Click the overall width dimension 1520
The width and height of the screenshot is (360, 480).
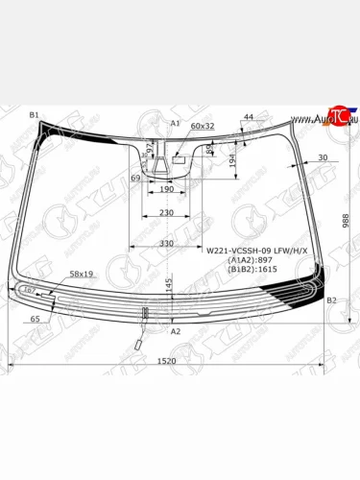pyautogui.click(x=166, y=360)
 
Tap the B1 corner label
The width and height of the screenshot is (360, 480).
pyautogui.click(x=35, y=115)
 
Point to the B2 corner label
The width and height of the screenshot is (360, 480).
pyautogui.click(x=331, y=301)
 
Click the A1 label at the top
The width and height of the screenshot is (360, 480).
pyautogui.click(x=175, y=124)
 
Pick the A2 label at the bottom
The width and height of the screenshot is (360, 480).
pyautogui.click(x=175, y=331)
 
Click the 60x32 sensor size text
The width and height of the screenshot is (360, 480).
pyautogui.click(x=203, y=126)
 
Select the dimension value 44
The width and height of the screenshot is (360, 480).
pyautogui.click(x=249, y=117)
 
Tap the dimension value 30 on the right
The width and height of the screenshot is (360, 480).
pyautogui.click(x=322, y=157)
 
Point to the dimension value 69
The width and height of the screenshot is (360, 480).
pyautogui.click(x=135, y=179)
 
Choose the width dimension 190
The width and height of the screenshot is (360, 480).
pyautogui.click(x=166, y=190)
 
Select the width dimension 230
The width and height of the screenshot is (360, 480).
pyautogui.click(x=166, y=212)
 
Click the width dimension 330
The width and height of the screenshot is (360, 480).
pyautogui.click(x=166, y=245)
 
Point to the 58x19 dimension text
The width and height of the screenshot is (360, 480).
pyautogui.click(x=81, y=275)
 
